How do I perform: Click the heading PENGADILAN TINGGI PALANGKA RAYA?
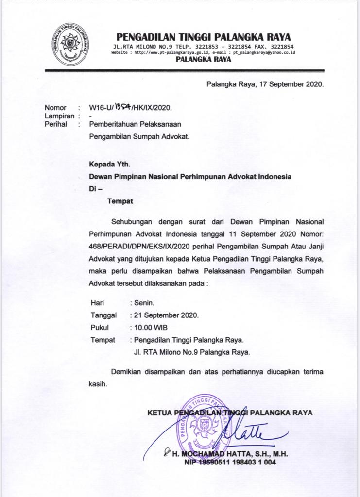[x=204, y=37]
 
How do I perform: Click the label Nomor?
[x=55, y=108]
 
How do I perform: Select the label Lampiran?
[x=59, y=116]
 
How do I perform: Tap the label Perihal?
[x=55, y=124]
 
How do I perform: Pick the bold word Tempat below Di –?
[x=120, y=200]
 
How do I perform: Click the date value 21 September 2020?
[x=166, y=315]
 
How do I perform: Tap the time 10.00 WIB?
[x=151, y=327]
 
